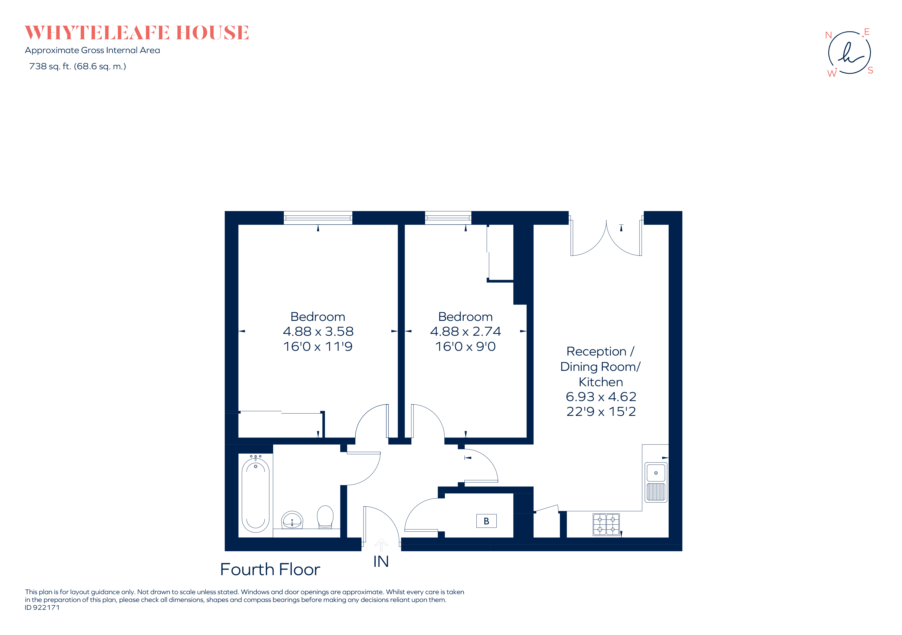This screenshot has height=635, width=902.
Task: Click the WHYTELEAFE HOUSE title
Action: pyautogui.click(x=137, y=33)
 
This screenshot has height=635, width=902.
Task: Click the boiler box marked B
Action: pyautogui.click(x=486, y=521)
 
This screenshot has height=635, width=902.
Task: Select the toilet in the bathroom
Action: pyautogui.click(x=325, y=517)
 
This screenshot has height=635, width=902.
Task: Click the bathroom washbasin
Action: pyautogui.click(x=292, y=521)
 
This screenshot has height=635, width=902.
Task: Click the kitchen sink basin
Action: pyautogui.click(x=656, y=473)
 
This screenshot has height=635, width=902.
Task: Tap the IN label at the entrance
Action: pyautogui.click(x=381, y=562)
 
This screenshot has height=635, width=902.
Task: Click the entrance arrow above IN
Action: pyautogui.click(x=381, y=544)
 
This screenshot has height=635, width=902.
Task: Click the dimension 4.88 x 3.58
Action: pyautogui.click(x=318, y=331)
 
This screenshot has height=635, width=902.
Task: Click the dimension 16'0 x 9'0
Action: pyautogui.click(x=465, y=346)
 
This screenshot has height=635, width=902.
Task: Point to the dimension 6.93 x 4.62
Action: pyautogui.click(x=601, y=396)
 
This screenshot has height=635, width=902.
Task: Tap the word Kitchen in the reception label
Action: pyautogui.click(x=601, y=382)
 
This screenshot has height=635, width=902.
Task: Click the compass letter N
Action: pyautogui.click(x=828, y=35)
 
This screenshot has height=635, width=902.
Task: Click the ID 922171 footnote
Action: pyautogui.click(x=42, y=607)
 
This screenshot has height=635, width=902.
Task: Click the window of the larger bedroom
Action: pyautogui.click(x=318, y=218)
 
